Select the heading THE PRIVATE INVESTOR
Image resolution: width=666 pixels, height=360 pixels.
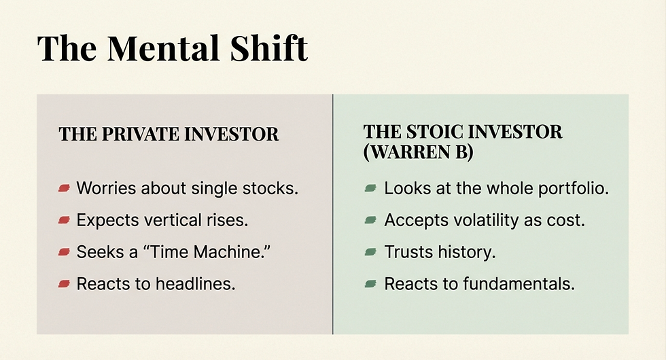[169, 134]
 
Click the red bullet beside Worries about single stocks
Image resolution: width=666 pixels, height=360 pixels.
[65, 188]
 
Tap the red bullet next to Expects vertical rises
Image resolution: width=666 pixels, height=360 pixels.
[65, 220]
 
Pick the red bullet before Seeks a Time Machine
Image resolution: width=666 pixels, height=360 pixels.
[65, 252]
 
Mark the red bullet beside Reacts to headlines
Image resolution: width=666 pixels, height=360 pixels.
[65, 284]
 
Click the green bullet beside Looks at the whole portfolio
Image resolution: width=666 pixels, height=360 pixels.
[370, 188]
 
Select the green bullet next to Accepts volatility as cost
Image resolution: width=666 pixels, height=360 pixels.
[370, 220]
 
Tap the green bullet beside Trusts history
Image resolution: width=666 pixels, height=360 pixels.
[370, 252]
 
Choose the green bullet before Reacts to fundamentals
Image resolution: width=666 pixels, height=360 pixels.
[370, 284]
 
